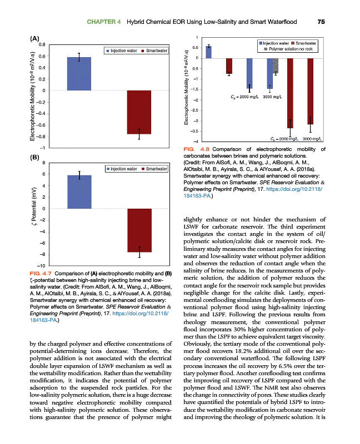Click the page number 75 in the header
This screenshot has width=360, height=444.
click(x=321, y=22)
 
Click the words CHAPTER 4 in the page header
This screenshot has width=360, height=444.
click(x=104, y=22)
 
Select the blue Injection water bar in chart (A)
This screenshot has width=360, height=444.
click(x=79, y=74)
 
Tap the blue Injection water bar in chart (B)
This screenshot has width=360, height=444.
click(x=79, y=192)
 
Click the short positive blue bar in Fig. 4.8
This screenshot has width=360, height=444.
click(x=208, y=52)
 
